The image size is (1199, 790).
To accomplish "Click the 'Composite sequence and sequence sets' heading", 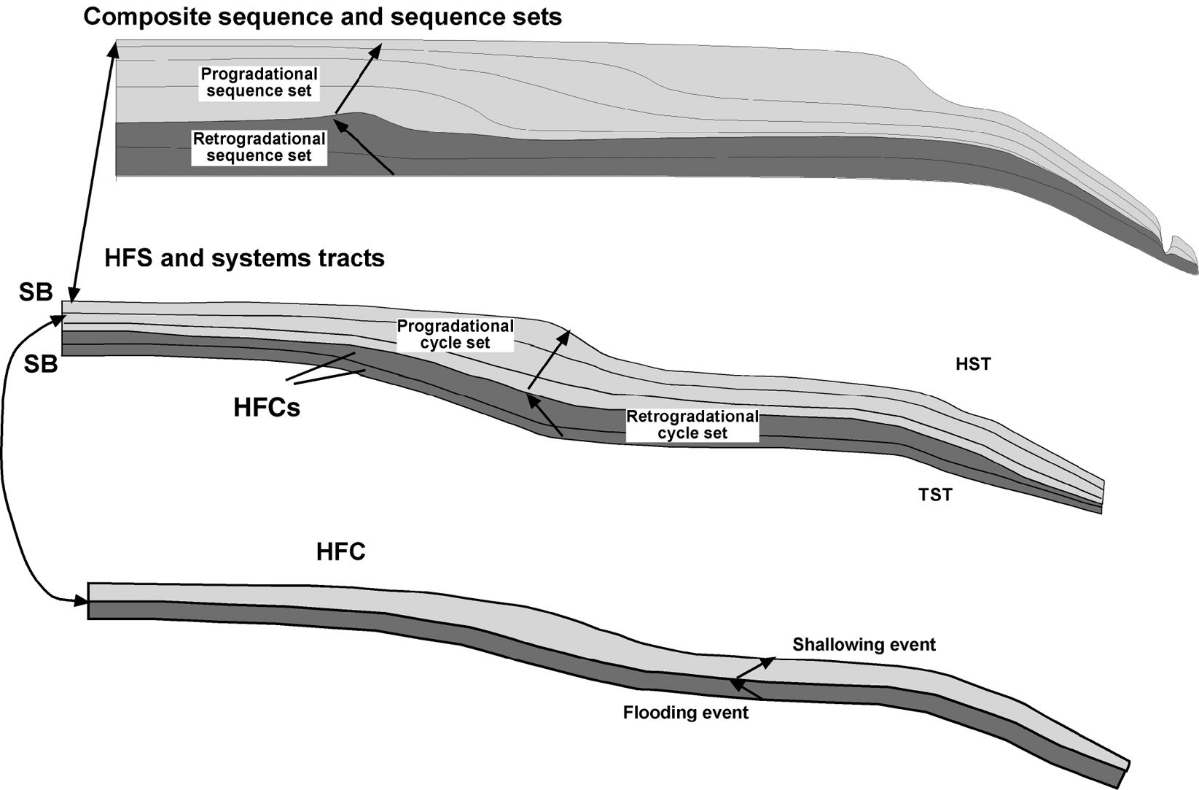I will pos(322,16).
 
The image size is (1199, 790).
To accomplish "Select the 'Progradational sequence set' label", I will pos(259,82).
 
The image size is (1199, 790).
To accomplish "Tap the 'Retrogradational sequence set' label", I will pos(259,147).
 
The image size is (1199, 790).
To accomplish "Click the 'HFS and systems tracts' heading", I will pos(244,258).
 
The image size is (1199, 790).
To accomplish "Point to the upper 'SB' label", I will pos(36,293).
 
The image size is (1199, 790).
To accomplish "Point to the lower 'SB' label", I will pos(40,363).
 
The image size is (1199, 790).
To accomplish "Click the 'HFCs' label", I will pos(267,407).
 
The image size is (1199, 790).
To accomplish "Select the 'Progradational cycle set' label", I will pos(455,335).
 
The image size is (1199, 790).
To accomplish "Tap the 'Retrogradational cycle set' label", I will pos(692,425).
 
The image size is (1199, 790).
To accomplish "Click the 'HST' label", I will pos(973,363).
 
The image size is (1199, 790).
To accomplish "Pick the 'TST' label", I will pos(935,495).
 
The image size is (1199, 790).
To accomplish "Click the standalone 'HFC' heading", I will pos(340,551).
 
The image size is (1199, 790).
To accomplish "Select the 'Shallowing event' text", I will pos(864,645).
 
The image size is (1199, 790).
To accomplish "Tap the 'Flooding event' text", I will pos(685,712).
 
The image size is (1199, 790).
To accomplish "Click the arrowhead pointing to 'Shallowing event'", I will pos(770,661).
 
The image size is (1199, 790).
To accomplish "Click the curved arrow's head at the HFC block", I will pos(82,601).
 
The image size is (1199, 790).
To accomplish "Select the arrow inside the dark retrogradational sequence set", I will pos(368,150).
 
